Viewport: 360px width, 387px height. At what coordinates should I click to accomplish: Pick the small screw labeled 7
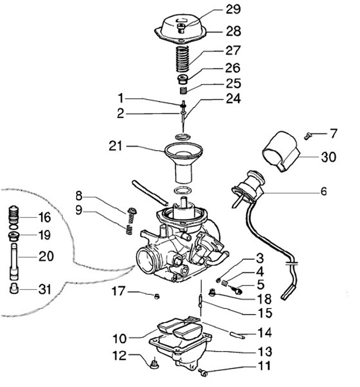(x=308, y=134)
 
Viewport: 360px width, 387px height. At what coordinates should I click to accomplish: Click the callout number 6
(x=323, y=191)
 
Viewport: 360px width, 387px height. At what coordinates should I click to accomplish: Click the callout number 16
(x=44, y=217)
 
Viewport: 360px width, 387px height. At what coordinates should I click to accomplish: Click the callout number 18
(x=263, y=299)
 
